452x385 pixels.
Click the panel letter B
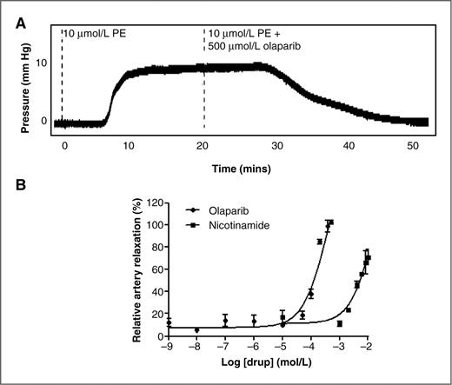tap(20, 185)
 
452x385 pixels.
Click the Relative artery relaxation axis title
tap(137, 269)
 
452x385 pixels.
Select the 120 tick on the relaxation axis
tap(154, 202)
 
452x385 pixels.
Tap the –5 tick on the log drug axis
tap(282, 348)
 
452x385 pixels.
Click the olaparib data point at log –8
tap(196, 330)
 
